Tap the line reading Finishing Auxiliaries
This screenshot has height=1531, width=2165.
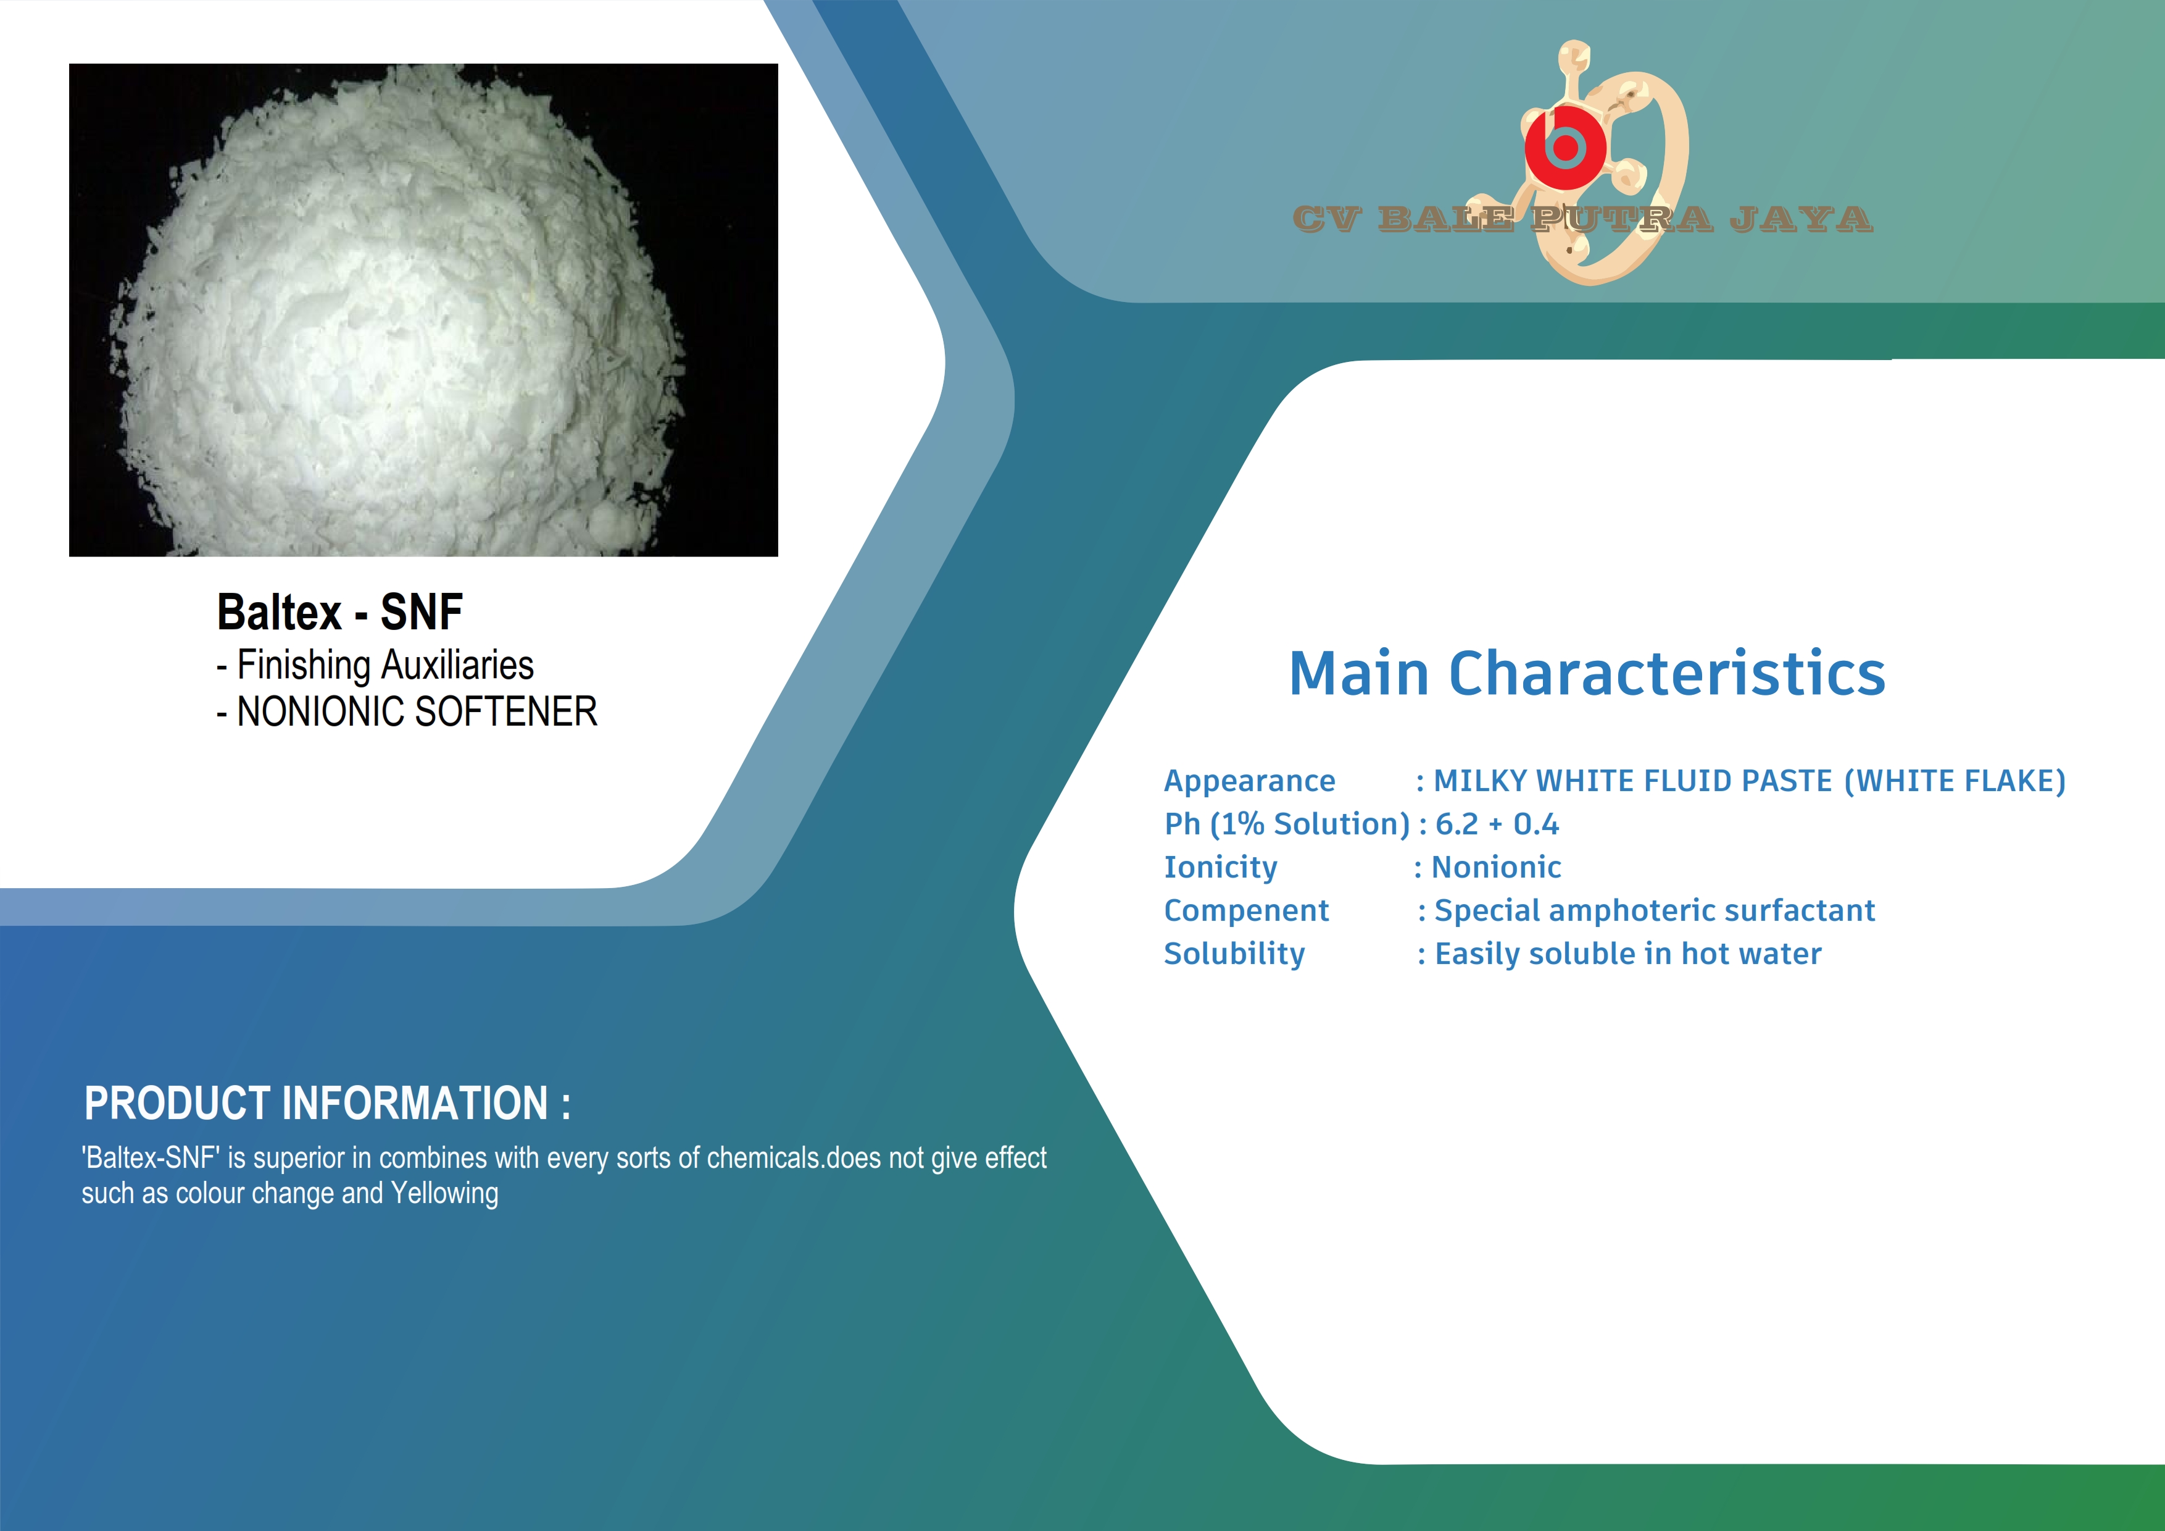375,665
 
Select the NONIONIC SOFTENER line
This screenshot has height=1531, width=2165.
407,711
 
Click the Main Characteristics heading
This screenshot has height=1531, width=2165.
1587,674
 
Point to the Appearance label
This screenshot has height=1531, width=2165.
1249,781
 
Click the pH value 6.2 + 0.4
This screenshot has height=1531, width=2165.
1497,824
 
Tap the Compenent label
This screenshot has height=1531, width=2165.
1247,910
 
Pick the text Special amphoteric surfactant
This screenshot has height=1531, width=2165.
1654,910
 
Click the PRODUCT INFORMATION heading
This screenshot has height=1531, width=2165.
327,1103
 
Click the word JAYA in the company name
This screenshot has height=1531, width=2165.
1801,219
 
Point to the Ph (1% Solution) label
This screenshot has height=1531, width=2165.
1287,824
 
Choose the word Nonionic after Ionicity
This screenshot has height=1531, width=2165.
1497,867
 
